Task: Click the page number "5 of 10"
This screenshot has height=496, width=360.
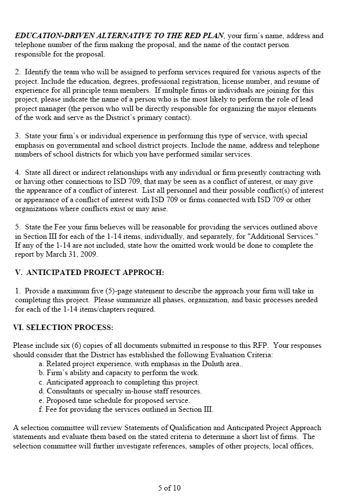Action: (x=169, y=488)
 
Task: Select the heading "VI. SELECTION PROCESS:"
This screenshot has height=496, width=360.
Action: (x=63, y=328)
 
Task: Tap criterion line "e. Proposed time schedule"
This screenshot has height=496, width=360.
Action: (x=114, y=400)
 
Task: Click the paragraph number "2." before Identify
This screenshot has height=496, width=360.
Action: (x=18, y=72)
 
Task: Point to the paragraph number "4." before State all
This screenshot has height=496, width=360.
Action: (x=18, y=172)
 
